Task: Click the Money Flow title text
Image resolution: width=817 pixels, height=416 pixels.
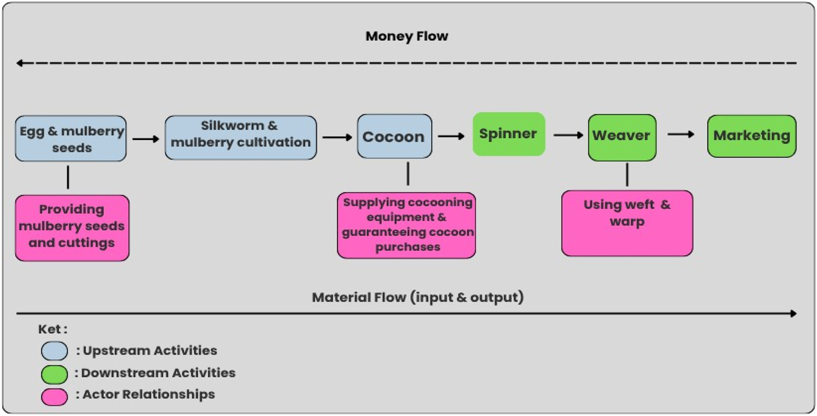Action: click(406, 36)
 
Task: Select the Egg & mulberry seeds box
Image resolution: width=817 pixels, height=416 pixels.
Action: click(71, 139)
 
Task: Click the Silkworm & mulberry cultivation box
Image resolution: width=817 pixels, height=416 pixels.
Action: click(240, 138)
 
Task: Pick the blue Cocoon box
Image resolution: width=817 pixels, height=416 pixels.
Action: click(394, 137)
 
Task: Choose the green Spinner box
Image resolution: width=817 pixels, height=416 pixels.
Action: click(508, 134)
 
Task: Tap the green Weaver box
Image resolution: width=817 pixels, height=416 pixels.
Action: click(621, 137)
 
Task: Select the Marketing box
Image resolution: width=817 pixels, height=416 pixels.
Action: click(751, 136)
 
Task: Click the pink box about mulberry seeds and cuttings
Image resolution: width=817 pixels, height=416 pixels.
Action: click(72, 228)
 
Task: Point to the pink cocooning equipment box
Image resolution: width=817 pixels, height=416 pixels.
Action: click(407, 225)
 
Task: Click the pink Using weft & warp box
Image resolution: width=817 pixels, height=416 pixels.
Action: click(627, 223)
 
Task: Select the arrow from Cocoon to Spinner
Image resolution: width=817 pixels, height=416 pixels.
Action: click(451, 136)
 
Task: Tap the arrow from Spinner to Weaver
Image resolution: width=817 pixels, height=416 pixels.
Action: click(568, 135)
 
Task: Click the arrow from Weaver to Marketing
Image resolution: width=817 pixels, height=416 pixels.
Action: click(681, 134)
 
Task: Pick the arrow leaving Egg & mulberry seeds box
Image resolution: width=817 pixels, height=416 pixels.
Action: click(145, 139)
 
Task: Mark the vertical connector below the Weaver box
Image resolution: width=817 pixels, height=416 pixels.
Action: click(627, 175)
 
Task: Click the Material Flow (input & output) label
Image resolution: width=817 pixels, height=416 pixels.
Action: click(417, 297)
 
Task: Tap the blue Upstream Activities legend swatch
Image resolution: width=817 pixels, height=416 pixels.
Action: click(54, 351)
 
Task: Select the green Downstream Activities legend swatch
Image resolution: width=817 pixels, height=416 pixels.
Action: click(54, 374)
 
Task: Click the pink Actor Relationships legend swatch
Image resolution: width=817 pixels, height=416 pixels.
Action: click(54, 397)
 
